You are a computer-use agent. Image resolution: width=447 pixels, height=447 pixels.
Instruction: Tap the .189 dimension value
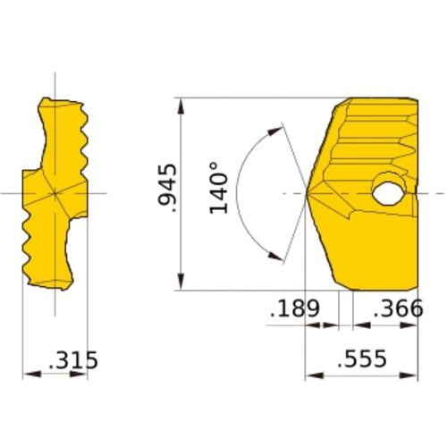coord(294,309)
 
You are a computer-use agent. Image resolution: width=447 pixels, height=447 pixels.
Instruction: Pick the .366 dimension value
coord(396,309)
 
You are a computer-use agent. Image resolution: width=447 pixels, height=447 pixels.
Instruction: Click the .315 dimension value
coord(72,360)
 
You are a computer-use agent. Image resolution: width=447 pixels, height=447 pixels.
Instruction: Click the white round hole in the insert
coord(389,191)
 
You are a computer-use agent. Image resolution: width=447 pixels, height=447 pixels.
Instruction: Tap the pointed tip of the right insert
coord(308,193)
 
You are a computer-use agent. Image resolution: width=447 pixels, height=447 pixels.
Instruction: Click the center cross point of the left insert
coord(55,193)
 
